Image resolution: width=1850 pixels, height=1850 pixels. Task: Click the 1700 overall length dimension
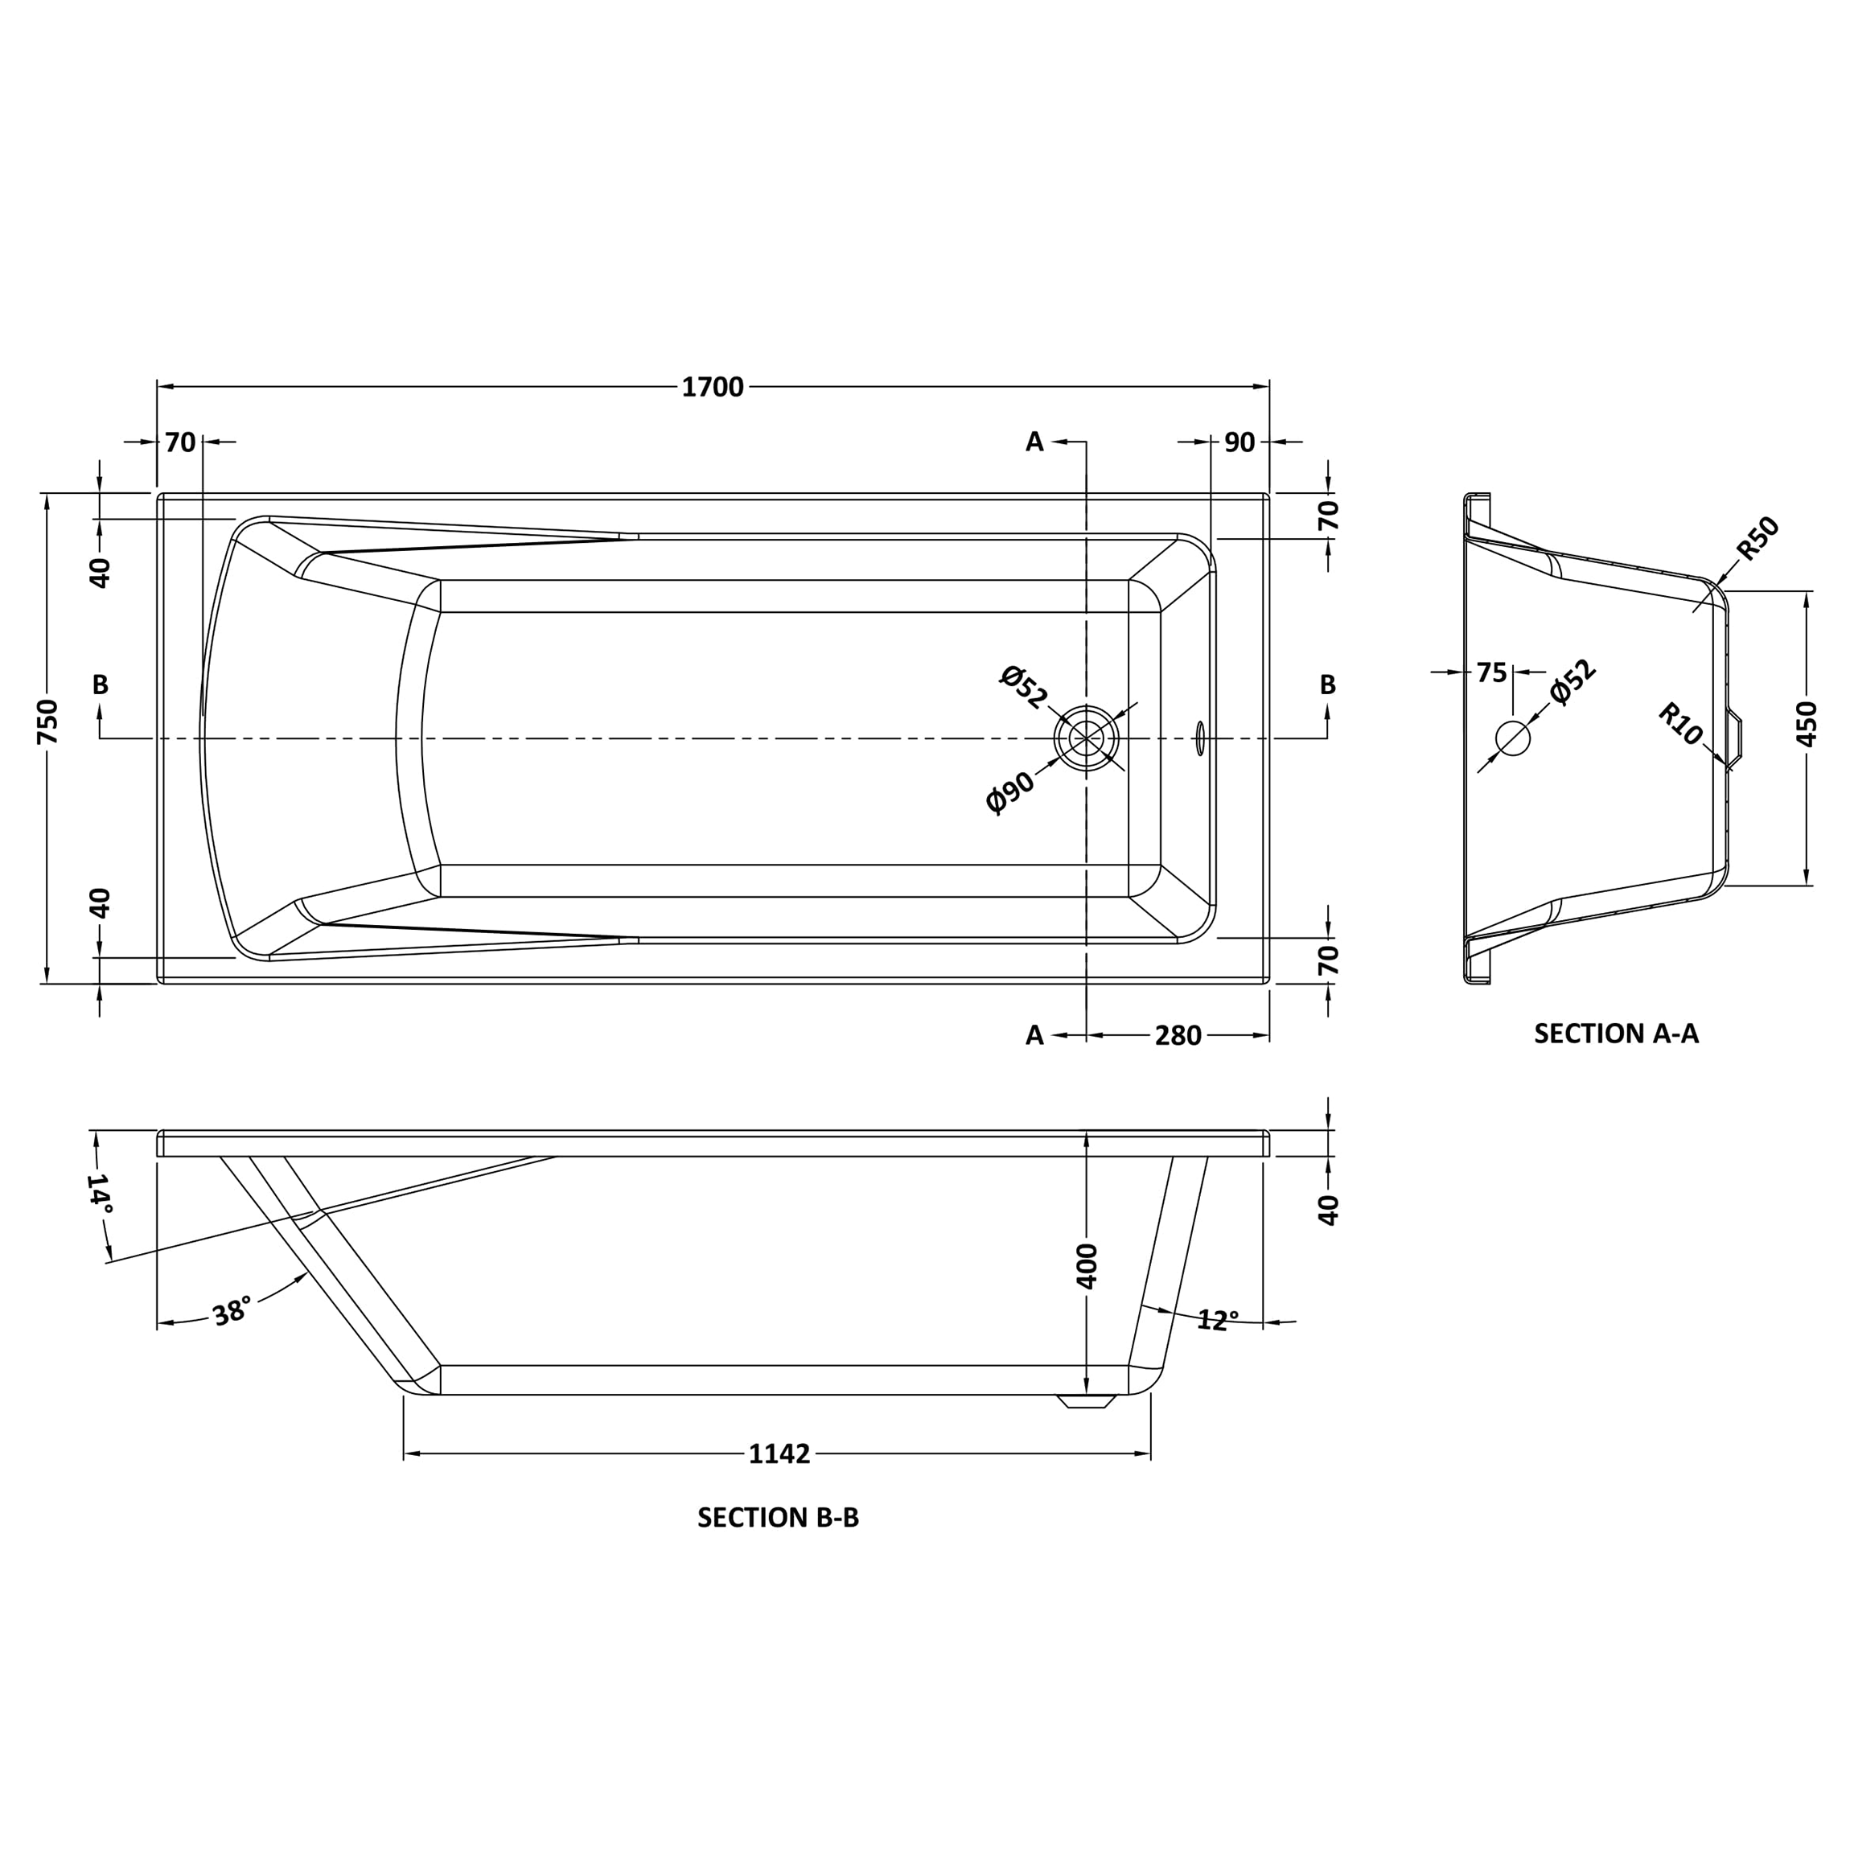coord(713,387)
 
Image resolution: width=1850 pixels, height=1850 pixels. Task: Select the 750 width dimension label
coord(48,722)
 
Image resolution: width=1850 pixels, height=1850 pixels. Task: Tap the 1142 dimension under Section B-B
coord(779,1453)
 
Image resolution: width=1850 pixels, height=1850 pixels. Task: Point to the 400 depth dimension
coord(1087,1266)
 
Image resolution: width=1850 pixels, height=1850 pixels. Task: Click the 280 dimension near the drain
coord(1177,1036)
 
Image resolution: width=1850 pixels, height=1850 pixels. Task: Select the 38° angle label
coord(232,1311)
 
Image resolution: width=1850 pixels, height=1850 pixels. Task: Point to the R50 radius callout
coord(1758,538)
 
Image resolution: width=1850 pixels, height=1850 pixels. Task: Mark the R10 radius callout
coord(1680,724)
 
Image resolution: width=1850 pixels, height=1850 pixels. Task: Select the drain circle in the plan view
coord(1086,738)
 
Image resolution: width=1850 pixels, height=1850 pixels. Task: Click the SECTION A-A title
coord(1617,1034)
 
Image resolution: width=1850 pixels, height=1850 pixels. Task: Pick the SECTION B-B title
coord(778,1518)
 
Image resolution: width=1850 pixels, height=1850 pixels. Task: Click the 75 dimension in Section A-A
coord(1491,673)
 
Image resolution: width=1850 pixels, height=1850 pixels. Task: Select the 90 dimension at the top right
coord(1239,442)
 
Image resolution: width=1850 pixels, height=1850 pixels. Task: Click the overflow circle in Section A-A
coord(1513,738)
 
